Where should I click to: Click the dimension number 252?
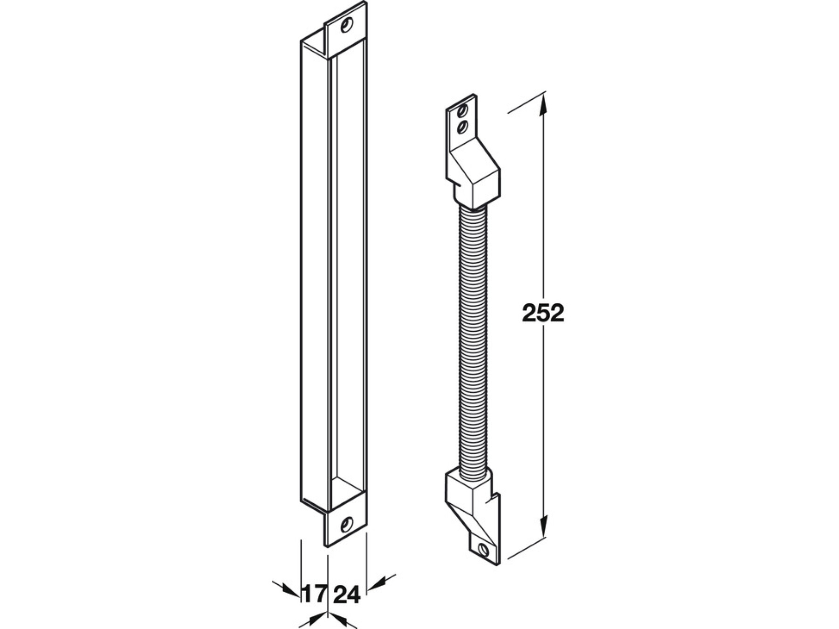tap(543, 313)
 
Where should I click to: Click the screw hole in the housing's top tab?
tap(346, 26)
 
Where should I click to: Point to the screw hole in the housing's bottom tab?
tap(346, 525)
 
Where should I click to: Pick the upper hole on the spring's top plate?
tap(463, 111)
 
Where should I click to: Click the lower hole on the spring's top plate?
tap(463, 126)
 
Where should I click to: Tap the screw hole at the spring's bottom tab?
tap(484, 550)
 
